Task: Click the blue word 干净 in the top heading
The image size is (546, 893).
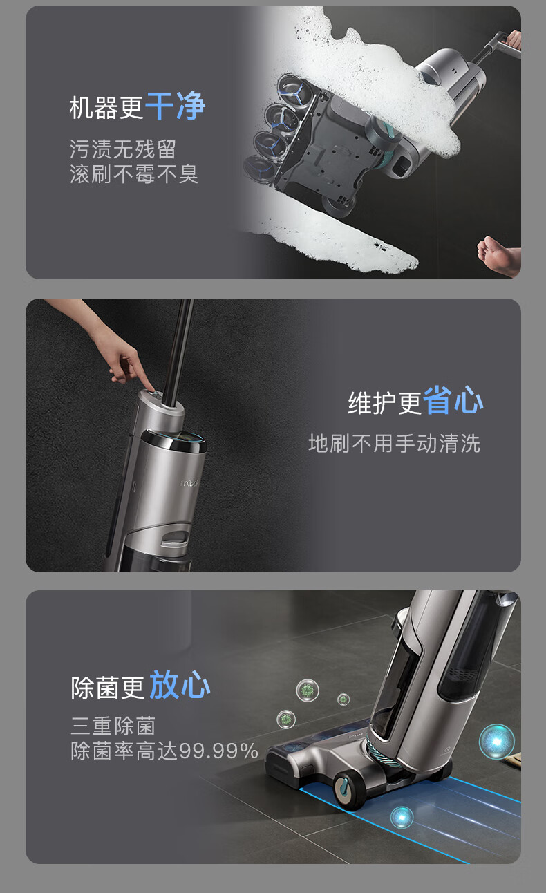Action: pos(175,106)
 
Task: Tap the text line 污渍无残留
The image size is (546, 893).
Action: pos(123,149)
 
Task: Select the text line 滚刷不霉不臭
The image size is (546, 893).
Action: pos(134,173)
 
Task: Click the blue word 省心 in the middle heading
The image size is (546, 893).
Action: pos(453,400)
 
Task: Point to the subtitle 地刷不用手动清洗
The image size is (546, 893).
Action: pos(394,443)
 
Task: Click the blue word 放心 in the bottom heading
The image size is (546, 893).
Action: pos(180,684)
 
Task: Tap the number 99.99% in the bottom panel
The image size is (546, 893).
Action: pos(219,751)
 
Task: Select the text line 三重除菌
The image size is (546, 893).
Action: pos(113,726)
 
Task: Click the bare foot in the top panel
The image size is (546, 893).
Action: pos(498,254)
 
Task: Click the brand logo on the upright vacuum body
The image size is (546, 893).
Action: pos(189,484)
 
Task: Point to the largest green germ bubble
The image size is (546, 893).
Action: pos(308,690)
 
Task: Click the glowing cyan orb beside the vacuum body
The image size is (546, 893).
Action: pos(496,742)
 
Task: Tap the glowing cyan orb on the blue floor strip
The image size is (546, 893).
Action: pos(402,817)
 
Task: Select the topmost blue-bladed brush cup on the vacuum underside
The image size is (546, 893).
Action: pos(296,91)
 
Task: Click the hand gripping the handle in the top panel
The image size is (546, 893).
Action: pos(514,40)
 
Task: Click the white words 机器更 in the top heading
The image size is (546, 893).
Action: pos(106,108)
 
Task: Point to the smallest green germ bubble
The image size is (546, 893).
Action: pos(343,699)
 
